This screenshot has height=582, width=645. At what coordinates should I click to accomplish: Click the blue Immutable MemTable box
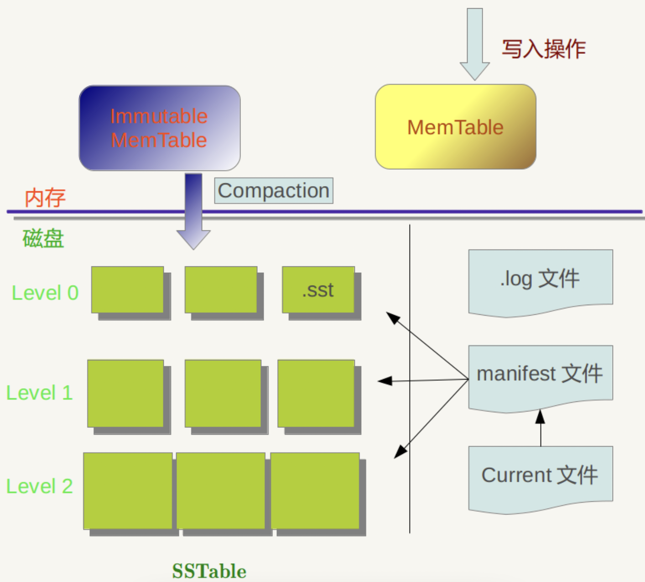click(159, 128)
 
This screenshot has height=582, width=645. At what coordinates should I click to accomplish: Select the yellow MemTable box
click(455, 127)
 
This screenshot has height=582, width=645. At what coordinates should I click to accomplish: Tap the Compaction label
click(274, 191)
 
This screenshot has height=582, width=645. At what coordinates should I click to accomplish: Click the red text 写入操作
click(543, 49)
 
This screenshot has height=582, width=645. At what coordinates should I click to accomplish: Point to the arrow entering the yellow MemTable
click(474, 43)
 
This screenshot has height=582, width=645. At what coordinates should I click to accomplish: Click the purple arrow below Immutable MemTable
click(193, 210)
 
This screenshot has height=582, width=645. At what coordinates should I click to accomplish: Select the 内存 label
click(45, 198)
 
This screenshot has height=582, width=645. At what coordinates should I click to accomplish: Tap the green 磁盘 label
click(43, 239)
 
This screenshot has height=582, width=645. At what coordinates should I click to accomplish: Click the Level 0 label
click(45, 293)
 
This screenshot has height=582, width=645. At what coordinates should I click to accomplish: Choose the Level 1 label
click(39, 393)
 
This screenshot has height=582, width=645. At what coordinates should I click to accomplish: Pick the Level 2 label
click(39, 486)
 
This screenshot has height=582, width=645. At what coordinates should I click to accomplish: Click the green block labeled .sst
click(318, 290)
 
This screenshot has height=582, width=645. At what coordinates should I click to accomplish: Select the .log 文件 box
click(540, 281)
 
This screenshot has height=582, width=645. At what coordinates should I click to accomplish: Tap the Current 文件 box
click(540, 477)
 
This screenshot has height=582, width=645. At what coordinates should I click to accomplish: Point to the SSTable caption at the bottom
click(209, 571)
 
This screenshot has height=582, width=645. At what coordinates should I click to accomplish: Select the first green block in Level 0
click(128, 290)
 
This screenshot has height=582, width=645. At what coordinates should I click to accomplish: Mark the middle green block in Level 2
click(221, 491)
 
